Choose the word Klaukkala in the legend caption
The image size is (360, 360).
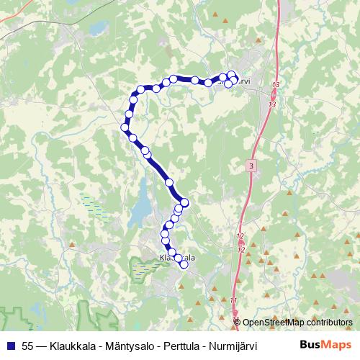[74, 345]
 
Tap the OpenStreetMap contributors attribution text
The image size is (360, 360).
[297, 322]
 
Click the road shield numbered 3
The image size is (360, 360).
[250, 166]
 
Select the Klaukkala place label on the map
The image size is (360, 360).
[176, 257]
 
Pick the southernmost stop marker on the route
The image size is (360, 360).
[184, 264]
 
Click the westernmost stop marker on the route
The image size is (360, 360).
[125, 127]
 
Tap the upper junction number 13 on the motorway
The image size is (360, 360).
[276, 86]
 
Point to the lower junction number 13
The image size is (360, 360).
[271, 105]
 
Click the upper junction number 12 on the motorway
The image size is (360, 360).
[240, 236]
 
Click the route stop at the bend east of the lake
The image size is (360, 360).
[184, 202]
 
